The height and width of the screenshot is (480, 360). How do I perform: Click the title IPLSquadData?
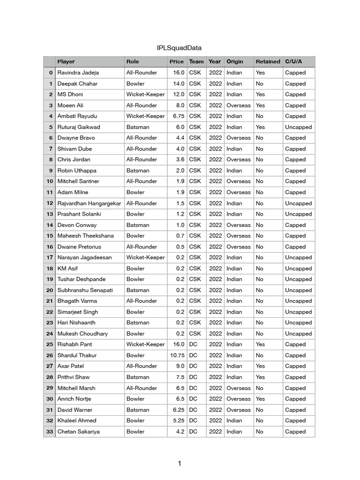[x=179, y=48]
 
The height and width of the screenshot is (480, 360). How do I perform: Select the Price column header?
[x=177, y=61]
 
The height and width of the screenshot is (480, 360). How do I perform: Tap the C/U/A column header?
[x=293, y=61]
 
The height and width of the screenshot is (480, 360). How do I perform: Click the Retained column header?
[x=268, y=61]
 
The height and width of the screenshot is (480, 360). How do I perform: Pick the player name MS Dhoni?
[x=70, y=94]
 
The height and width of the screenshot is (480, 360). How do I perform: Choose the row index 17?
[x=50, y=257]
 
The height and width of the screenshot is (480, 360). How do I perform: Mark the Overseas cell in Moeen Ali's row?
[x=239, y=105]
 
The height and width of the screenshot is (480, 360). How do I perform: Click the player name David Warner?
[x=75, y=410]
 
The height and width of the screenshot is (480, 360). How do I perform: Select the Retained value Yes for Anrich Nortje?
[x=261, y=399]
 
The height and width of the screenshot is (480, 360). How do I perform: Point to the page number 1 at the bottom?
[x=179, y=464]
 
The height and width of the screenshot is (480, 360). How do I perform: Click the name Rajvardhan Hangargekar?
[x=89, y=203]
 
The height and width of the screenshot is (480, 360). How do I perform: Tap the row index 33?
[x=50, y=432]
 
